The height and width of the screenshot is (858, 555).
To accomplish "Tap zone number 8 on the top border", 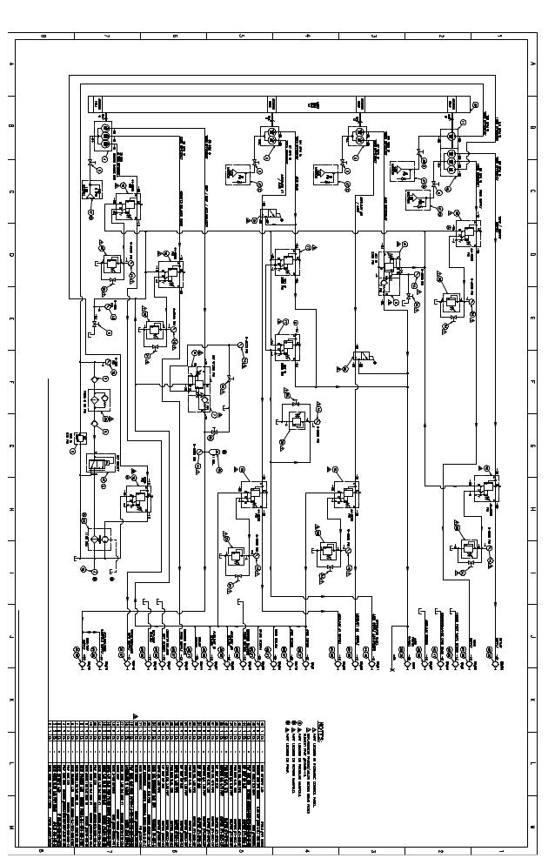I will pos(42,36).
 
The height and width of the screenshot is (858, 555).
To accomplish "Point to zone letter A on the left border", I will pos(12,65).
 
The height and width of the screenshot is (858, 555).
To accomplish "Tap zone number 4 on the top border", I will pos(308,36).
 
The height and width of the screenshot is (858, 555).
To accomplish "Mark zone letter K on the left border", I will pos(12,699).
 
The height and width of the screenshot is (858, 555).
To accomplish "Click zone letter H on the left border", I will pos(12,509).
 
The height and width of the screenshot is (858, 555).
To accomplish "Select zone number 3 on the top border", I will pos(374,36).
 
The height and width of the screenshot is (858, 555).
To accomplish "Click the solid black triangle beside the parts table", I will pos(135,715).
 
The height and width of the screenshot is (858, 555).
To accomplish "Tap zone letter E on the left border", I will pos(12,318).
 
